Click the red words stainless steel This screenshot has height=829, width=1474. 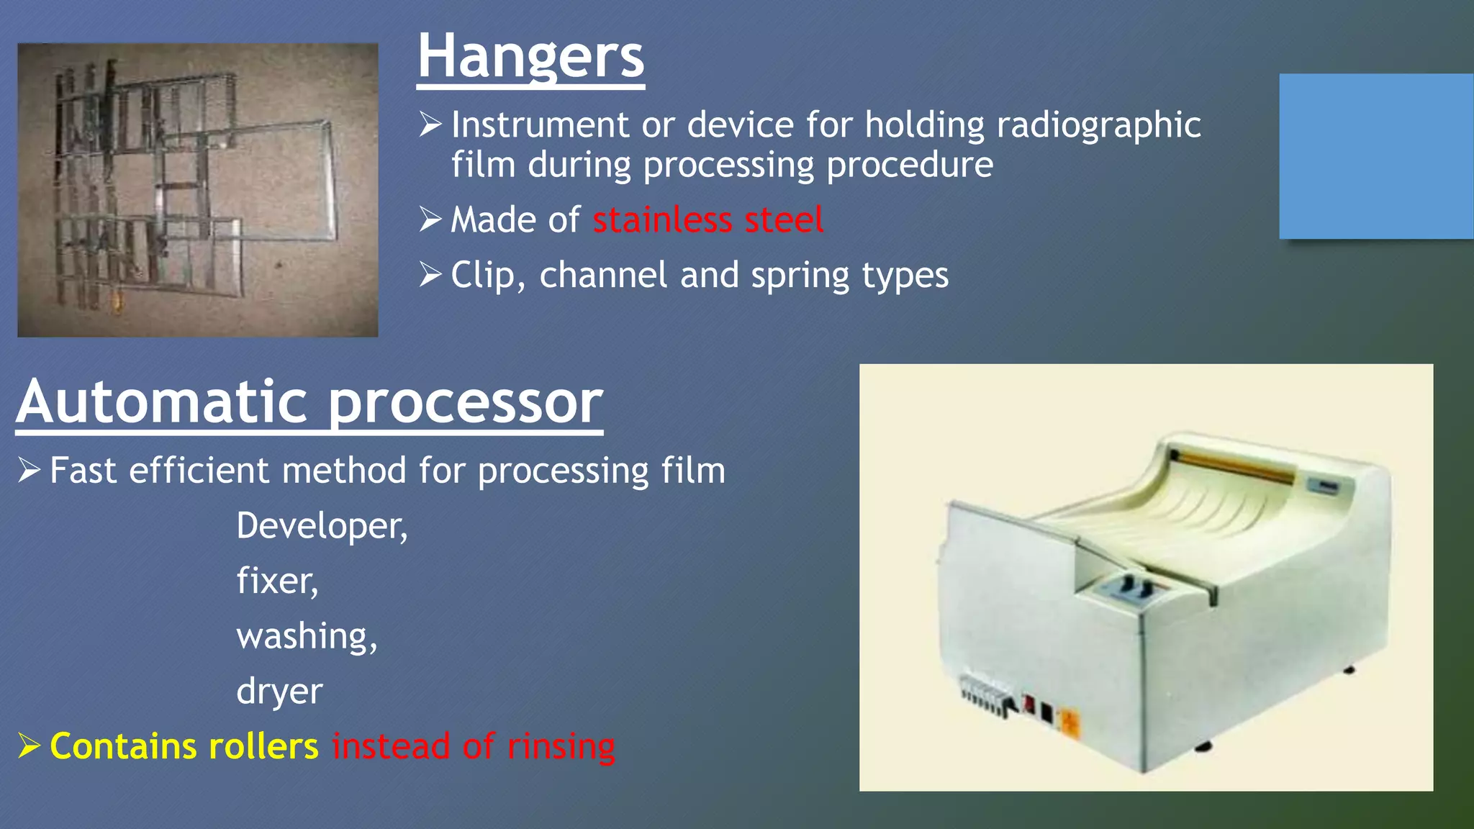coord(707,219)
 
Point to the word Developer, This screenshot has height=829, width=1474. coord(322,526)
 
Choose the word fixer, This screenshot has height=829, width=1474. coord(277,581)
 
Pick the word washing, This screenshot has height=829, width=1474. coord(307,636)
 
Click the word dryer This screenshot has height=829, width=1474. coord(279,692)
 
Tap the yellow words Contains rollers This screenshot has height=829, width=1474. coord(184,746)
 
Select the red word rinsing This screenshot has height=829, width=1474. coord(561,746)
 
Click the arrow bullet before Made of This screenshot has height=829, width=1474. coord(430,219)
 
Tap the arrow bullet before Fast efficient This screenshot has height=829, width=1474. coord(29,470)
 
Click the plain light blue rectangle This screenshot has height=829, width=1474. coord(1375,156)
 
